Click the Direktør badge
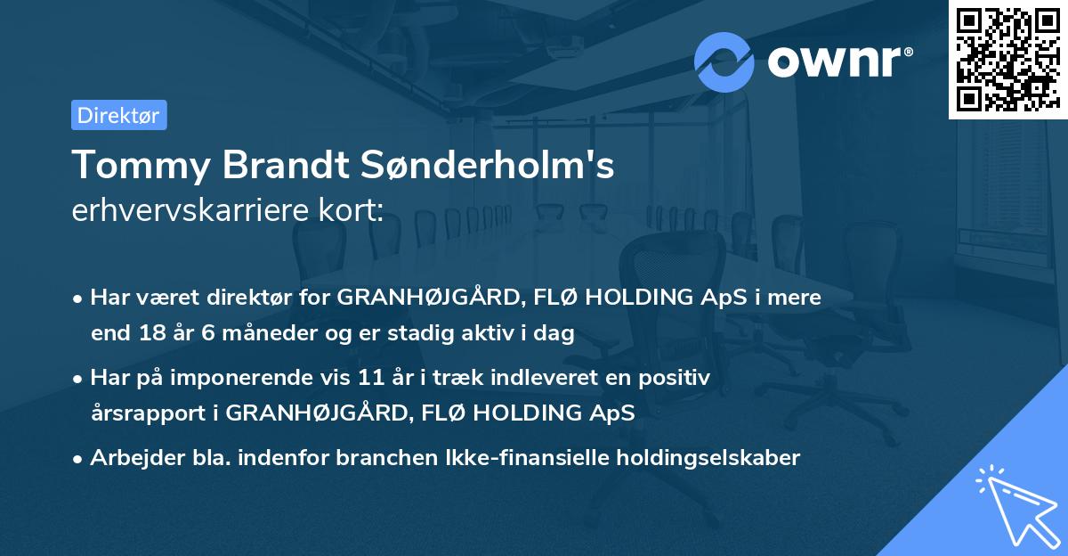[118, 115]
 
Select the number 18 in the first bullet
[148, 334]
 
